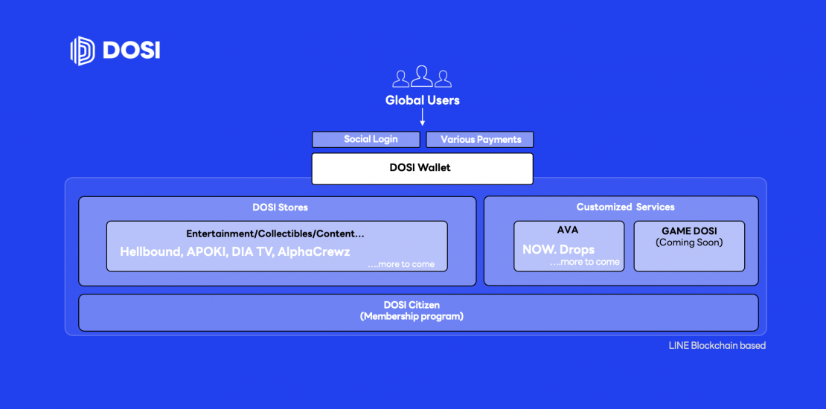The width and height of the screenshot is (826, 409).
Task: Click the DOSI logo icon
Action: pyautogui.click(x=82, y=51)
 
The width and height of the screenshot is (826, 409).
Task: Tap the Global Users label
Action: pyautogui.click(x=423, y=100)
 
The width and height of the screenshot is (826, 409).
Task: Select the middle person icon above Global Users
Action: pyautogui.click(x=422, y=77)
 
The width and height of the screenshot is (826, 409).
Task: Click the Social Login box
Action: pyautogui.click(x=366, y=140)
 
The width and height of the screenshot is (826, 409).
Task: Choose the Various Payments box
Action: pyautogui.click(x=480, y=140)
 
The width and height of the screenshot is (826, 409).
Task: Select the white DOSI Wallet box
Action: pyautogui.click(x=423, y=169)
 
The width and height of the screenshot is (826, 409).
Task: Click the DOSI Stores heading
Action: pyautogui.click(x=281, y=207)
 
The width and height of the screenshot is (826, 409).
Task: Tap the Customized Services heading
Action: pyautogui.click(x=625, y=207)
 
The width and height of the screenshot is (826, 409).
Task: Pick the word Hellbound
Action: pyautogui.click(x=150, y=251)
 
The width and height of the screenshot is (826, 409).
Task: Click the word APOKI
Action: pyautogui.click(x=207, y=251)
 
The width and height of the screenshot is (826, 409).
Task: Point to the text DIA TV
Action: pyautogui.click(x=252, y=251)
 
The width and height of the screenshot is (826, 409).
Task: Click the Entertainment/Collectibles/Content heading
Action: pyautogui.click(x=275, y=234)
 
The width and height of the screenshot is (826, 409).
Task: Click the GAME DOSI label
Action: pyautogui.click(x=689, y=231)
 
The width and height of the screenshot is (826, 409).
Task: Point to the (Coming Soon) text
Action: pyautogui.click(x=689, y=242)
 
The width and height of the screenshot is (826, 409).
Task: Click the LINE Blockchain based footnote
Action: pyautogui.click(x=717, y=346)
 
